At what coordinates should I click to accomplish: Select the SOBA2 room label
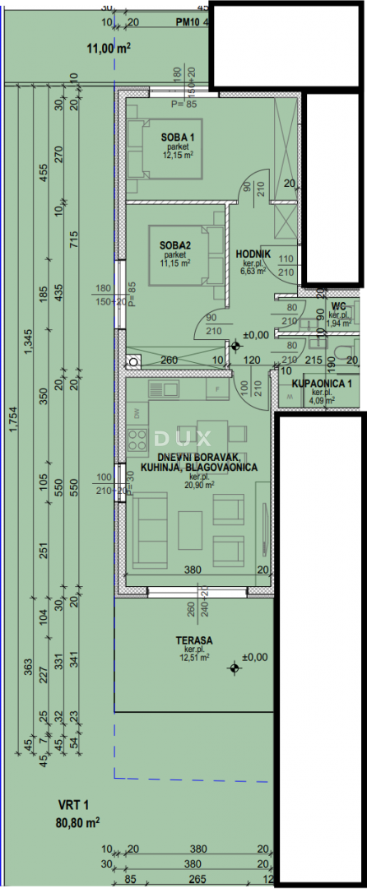[176, 244]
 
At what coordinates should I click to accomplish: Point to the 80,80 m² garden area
[78, 822]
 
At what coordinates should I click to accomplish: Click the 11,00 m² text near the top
[109, 49]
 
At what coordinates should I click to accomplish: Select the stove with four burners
[137, 435]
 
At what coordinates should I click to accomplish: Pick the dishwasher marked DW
[136, 412]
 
